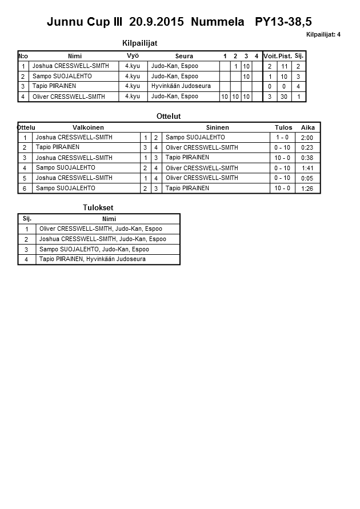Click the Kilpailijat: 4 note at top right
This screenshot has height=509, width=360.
323,35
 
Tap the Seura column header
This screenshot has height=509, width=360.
184,56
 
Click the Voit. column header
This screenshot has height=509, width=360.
270,56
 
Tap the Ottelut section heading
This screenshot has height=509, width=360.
168,116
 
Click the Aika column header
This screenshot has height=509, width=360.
308,127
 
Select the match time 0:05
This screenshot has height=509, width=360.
307,178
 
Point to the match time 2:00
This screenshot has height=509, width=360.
307,138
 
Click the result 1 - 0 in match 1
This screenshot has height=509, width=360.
282,138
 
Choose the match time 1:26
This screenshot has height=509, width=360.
307,189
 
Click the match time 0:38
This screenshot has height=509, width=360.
307,158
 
